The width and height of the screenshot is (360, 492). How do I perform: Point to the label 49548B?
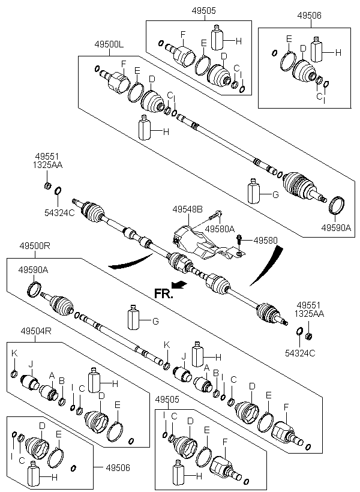[187, 209]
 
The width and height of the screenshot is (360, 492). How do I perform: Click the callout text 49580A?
[220, 229]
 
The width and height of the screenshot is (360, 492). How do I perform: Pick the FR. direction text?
[163, 294]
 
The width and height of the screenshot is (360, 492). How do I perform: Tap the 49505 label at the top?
[204, 10]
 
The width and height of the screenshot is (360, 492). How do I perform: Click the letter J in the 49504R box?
[29, 363]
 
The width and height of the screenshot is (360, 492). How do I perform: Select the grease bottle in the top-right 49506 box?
[317, 50]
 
